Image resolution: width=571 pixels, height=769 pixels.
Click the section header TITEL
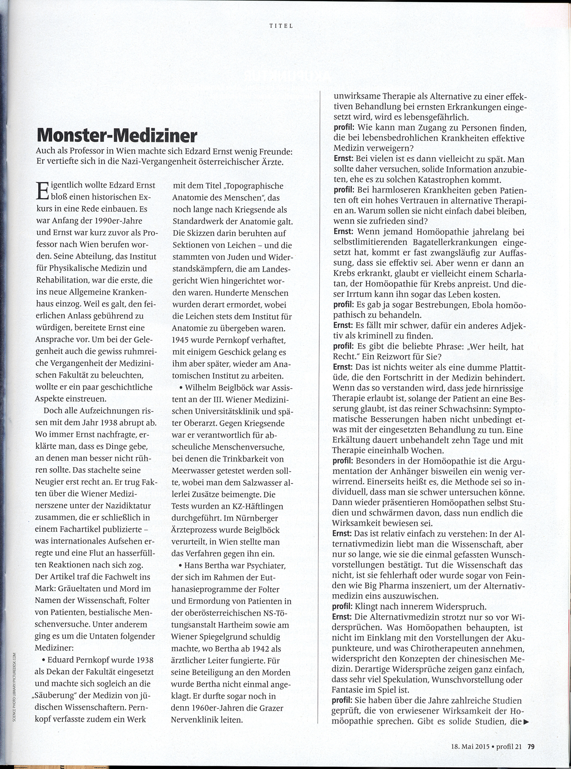[x=281, y=25]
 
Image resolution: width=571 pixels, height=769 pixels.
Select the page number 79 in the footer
[x=531, y=745]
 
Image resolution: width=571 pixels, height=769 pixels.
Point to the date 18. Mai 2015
[x=470, y=745]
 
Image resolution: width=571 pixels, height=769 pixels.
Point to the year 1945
[x=185, y=340]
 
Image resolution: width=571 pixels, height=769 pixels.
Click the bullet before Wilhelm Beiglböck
[x=181, y=388]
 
